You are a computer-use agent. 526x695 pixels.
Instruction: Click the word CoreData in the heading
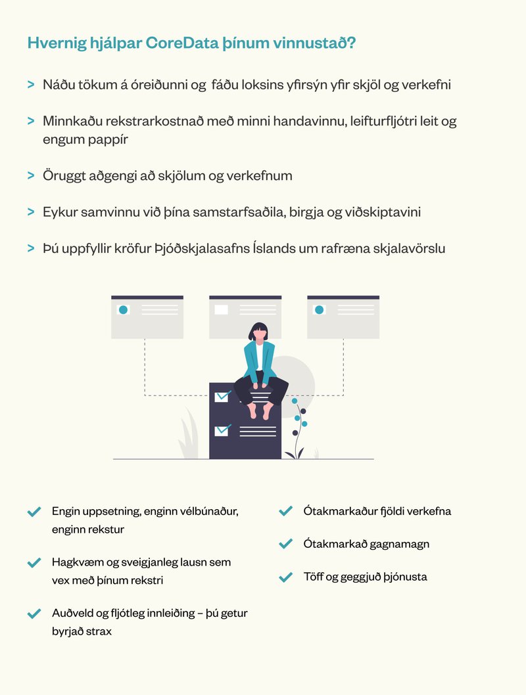182,43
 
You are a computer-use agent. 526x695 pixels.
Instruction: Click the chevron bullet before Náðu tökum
31,84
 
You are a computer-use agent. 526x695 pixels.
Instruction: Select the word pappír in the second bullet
108,140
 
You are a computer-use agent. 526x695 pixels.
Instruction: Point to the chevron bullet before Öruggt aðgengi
31,175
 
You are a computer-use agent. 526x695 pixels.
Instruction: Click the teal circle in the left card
124,310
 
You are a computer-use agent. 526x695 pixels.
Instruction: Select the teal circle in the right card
319,310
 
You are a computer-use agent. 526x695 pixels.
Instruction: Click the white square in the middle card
222,309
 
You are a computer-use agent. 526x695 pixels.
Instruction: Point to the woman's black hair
258,331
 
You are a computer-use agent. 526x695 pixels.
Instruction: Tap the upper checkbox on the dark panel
222,396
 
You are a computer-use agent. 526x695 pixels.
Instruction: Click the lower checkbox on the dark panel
222,430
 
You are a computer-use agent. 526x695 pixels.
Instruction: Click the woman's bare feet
260,411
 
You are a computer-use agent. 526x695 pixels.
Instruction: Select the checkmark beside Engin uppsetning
34,512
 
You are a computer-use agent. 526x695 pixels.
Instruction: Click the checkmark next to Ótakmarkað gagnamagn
285,544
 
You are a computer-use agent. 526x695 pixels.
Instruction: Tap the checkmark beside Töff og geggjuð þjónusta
285,577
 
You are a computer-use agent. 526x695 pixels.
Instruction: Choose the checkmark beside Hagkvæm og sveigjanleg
34,563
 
